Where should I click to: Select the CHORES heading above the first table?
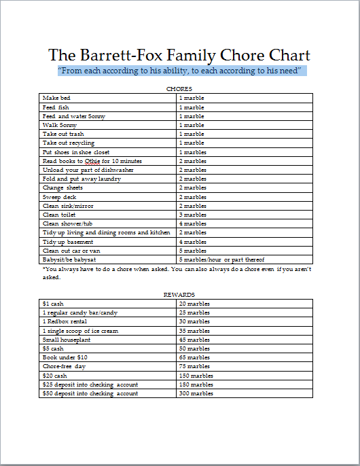[179, 89]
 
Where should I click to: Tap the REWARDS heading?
[179, 295]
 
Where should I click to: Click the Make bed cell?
[56, 98]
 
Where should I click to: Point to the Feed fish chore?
[56, 107]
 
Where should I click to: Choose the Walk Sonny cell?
[60, 125]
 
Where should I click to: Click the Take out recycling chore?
[69, 143]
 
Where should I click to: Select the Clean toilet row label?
[60, 215]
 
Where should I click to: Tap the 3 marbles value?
[192, 215]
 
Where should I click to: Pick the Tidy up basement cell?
[67, 242]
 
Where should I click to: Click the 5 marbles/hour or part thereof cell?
[221, 259]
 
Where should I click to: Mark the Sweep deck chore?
[60, 197]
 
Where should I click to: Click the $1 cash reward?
[53, 304]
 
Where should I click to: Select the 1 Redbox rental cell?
[65, 321]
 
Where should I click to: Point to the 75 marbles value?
[194, 366]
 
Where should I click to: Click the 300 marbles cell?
[196, 393]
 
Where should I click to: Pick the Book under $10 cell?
[65, 357]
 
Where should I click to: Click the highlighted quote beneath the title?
[180, 71]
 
